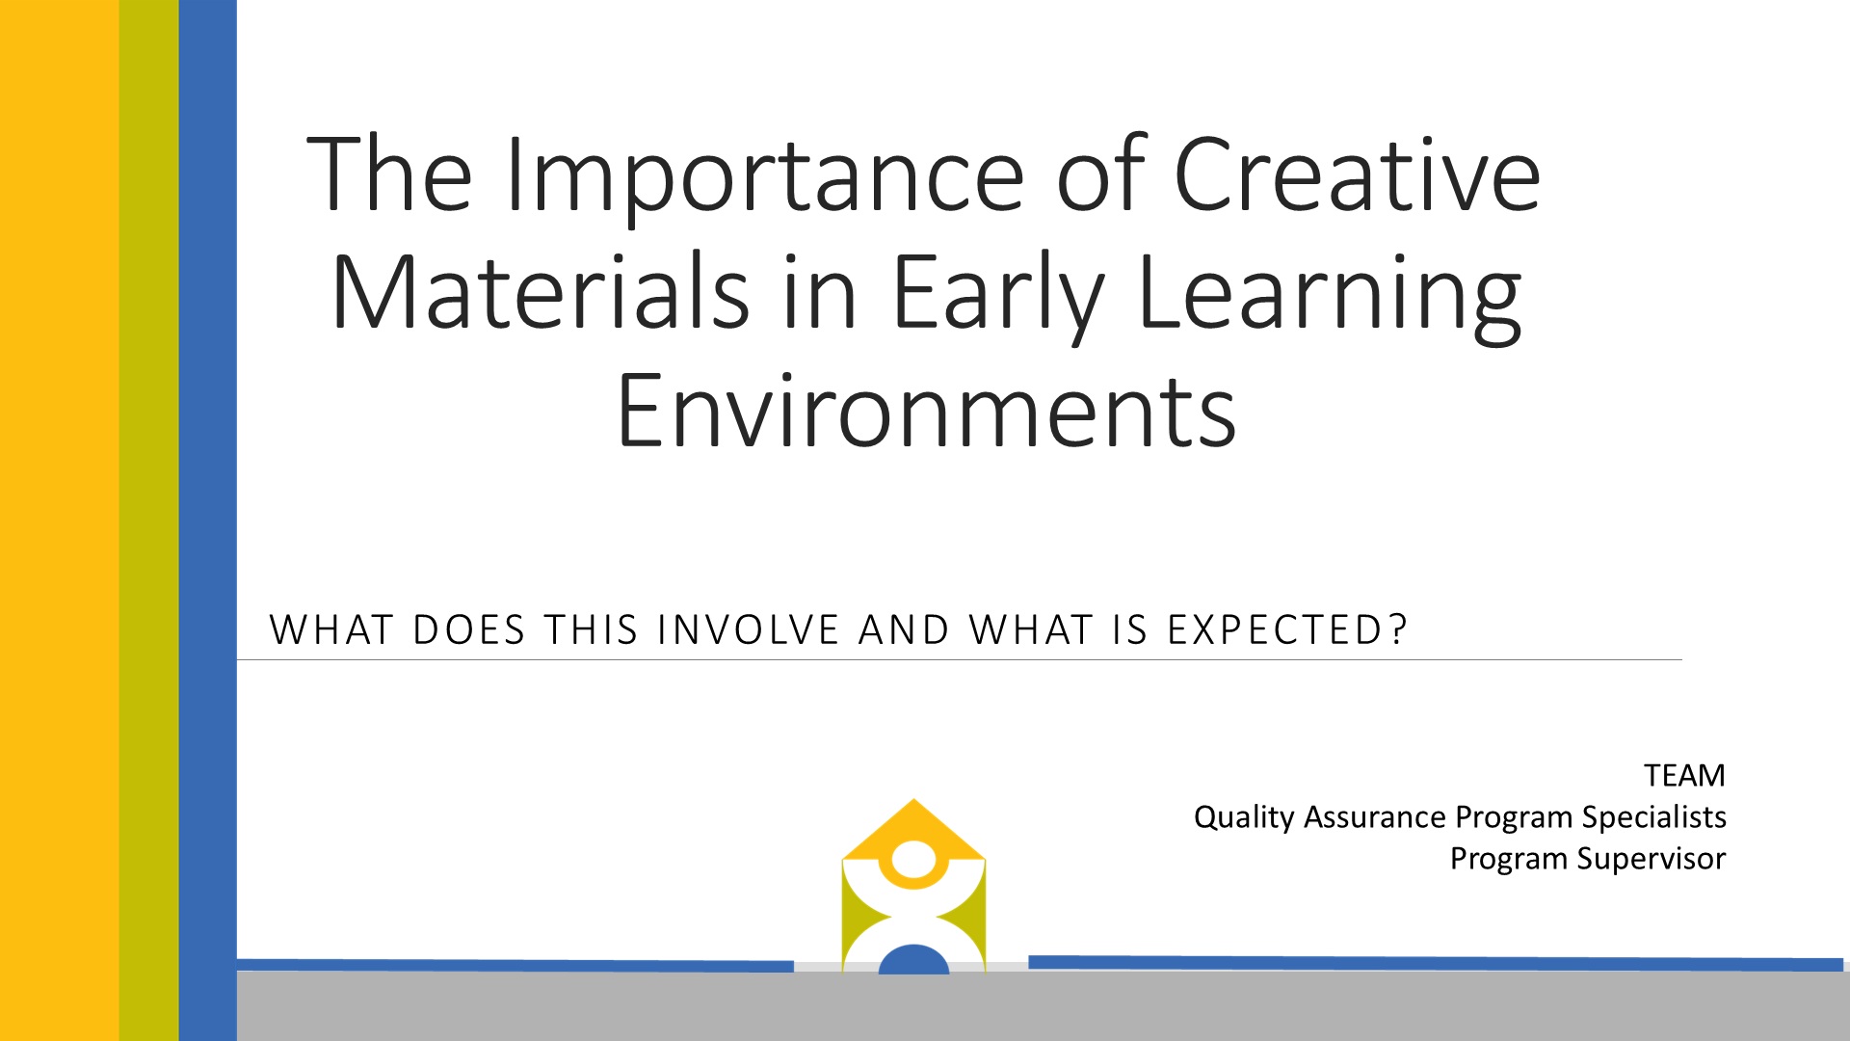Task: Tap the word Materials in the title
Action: [x=540, y=289]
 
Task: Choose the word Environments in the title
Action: [x=926, y=411]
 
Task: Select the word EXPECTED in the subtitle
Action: [x=1276, y=630]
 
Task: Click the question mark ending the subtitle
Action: [x=1398, y=630]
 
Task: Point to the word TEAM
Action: [x=1684, y=776]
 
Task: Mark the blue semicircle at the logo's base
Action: [x=913, y=960]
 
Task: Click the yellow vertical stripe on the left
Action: [x=60, y=520]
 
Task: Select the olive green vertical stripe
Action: [x=149, y=520]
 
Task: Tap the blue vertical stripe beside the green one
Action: [x=208, y=520]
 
